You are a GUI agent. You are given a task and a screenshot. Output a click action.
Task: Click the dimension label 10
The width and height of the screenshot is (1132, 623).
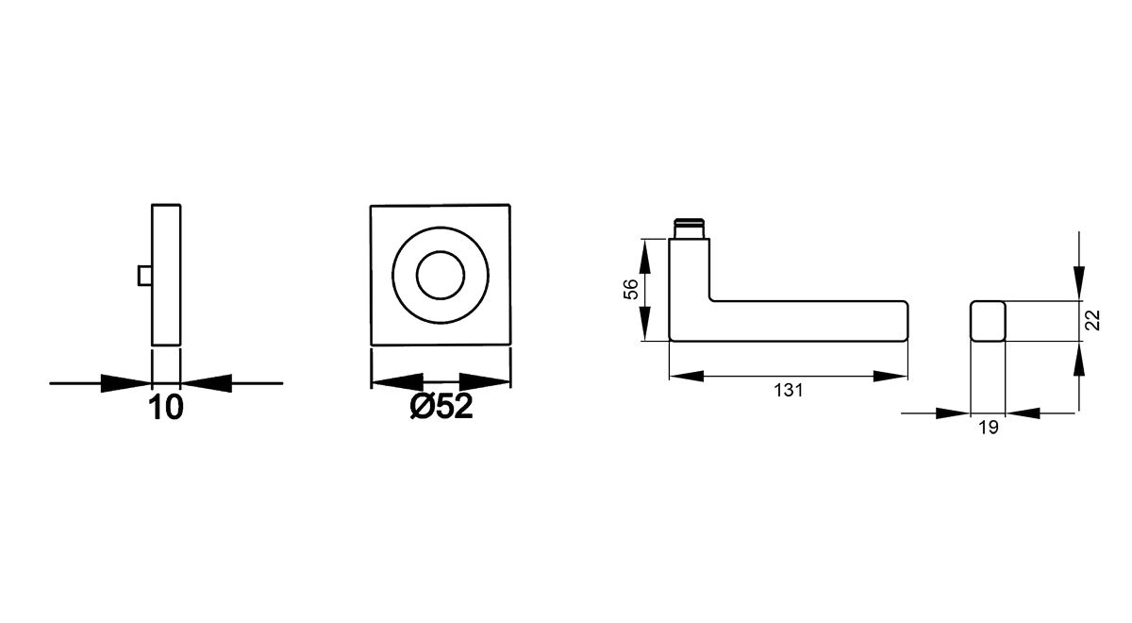point(166,408)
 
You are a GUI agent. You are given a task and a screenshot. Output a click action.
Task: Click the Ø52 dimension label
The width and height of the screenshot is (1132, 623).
point(441,406)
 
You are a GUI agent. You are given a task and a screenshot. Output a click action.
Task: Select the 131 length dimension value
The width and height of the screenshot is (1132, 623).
point(789,391)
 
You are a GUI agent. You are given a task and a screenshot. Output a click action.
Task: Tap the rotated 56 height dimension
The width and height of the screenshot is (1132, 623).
point(631,289)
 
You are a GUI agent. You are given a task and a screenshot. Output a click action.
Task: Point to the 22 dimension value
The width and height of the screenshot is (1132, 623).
point(1092,320)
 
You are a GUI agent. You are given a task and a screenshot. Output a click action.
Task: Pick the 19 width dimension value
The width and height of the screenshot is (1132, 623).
point(989,428)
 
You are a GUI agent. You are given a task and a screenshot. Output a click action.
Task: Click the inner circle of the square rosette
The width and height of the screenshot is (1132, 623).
point(441,275)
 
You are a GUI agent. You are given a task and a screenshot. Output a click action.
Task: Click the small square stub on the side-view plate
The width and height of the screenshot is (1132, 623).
point(145,275)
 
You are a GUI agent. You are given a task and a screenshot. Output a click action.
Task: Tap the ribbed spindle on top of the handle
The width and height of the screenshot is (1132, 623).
point(690,228)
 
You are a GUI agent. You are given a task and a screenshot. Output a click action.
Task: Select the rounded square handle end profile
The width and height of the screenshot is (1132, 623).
point(988,321)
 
